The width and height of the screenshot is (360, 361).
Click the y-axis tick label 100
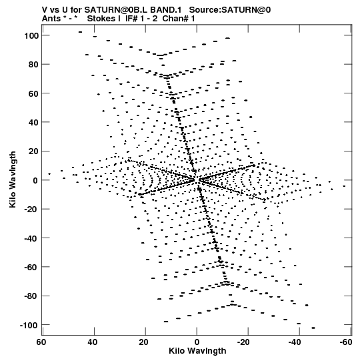tap(31, 35)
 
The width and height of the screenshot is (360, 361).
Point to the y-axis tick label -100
tap(29, 326)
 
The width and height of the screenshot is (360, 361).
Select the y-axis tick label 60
tap(33, 93)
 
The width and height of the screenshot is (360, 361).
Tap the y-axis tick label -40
tap(31, 238)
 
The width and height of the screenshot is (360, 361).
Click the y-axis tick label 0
tap(35, 180)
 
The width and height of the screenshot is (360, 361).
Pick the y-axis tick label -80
tap(31, 296)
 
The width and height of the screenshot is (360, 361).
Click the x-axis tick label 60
tap(41, 342)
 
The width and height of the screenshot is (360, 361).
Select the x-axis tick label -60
tap(346, 342)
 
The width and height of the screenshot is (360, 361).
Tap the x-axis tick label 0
tap(197, 342)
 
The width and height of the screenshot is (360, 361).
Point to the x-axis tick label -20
tap(243, 342)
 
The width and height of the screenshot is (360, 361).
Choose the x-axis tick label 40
tap(93, 342)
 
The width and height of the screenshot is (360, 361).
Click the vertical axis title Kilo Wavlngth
tap(13, 179)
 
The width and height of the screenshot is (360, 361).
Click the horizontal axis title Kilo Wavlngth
tap(197, 351)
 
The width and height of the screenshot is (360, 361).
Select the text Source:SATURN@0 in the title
tap(230, 10)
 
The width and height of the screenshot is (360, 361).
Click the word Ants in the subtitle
tap(51, 19)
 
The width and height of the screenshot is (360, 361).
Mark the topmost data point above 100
tap(80, 32)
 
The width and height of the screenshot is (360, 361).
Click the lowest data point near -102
tap(313, 328)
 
